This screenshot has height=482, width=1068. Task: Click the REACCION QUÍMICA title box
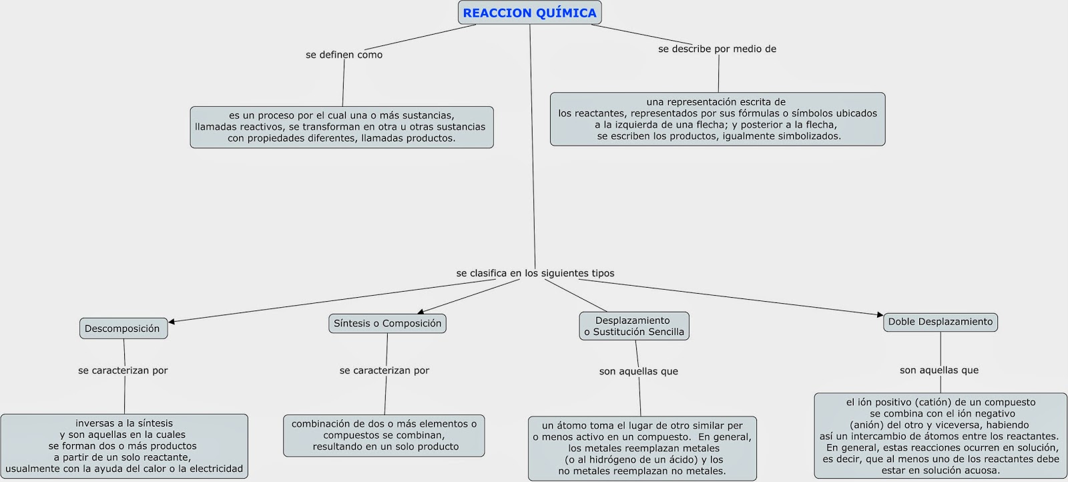(529, 13)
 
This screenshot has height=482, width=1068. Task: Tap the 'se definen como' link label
(344, 55)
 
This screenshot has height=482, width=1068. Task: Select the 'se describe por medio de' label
(717, 49)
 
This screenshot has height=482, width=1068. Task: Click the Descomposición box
(123, 328)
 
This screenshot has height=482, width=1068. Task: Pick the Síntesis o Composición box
(387, 323)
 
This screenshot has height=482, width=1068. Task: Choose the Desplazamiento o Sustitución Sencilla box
(633, 326)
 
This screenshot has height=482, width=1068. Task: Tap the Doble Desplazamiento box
(940, 322)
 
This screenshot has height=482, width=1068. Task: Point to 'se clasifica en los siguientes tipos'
(535, 273)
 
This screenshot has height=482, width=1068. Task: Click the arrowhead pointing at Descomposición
(172, 321)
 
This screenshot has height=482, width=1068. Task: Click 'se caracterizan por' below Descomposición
(123, 371)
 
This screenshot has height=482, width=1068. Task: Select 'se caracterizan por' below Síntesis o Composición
(384, 371)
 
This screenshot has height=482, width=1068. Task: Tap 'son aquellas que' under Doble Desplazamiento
(939, 370)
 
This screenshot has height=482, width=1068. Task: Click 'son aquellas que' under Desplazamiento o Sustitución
(638, 371)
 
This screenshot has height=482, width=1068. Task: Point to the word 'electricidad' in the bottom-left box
(215, 469)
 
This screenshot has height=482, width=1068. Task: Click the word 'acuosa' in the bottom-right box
(980, 470)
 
